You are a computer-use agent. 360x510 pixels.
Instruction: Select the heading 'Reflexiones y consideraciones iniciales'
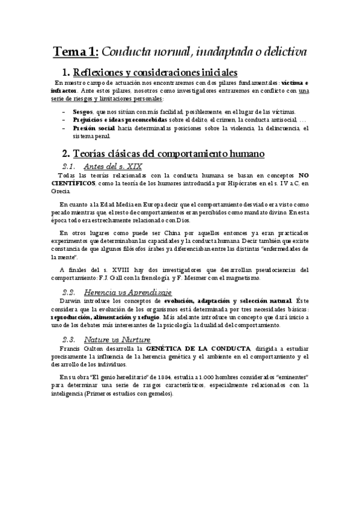(x=154, y=73)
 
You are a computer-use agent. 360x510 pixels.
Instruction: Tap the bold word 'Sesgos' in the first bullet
(x=82, y=112)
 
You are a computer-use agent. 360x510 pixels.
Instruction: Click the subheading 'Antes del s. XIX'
(x=113, y=166)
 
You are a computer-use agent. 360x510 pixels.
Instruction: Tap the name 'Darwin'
(x=73, y=300)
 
